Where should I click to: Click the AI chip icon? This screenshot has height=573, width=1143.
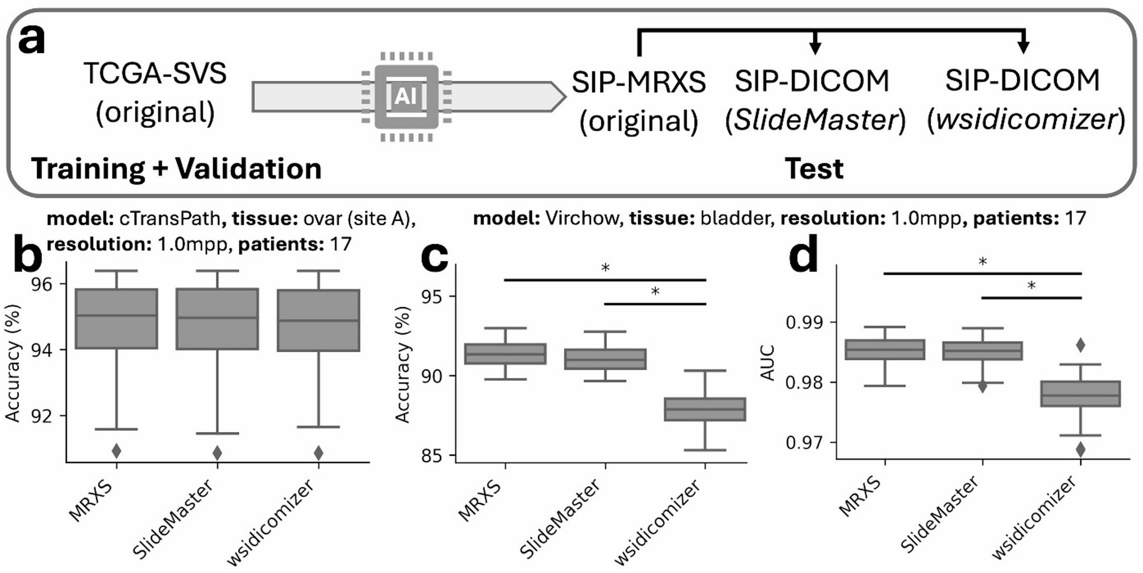coord(406,97)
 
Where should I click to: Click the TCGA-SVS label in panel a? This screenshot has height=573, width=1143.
coord(155,74)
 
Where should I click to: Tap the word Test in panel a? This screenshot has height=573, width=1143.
coord(813,169)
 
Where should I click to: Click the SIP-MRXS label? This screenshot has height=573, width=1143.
coord(639,83)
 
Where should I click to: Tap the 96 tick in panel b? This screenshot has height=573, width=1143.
coord(42,284)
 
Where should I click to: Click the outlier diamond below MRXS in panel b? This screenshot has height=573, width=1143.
coord(116,451)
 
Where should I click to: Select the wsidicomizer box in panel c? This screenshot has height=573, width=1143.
coord(705,409)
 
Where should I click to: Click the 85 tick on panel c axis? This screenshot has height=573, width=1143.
coord(433,456)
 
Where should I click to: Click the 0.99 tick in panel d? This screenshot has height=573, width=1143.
coord(804,323)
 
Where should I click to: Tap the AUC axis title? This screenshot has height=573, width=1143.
coord(768,362)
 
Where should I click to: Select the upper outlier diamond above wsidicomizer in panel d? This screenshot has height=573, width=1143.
coord(1080,345)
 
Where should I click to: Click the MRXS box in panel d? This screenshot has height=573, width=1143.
coord(885,349)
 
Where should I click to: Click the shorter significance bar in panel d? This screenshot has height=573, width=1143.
coord(1031,298)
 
